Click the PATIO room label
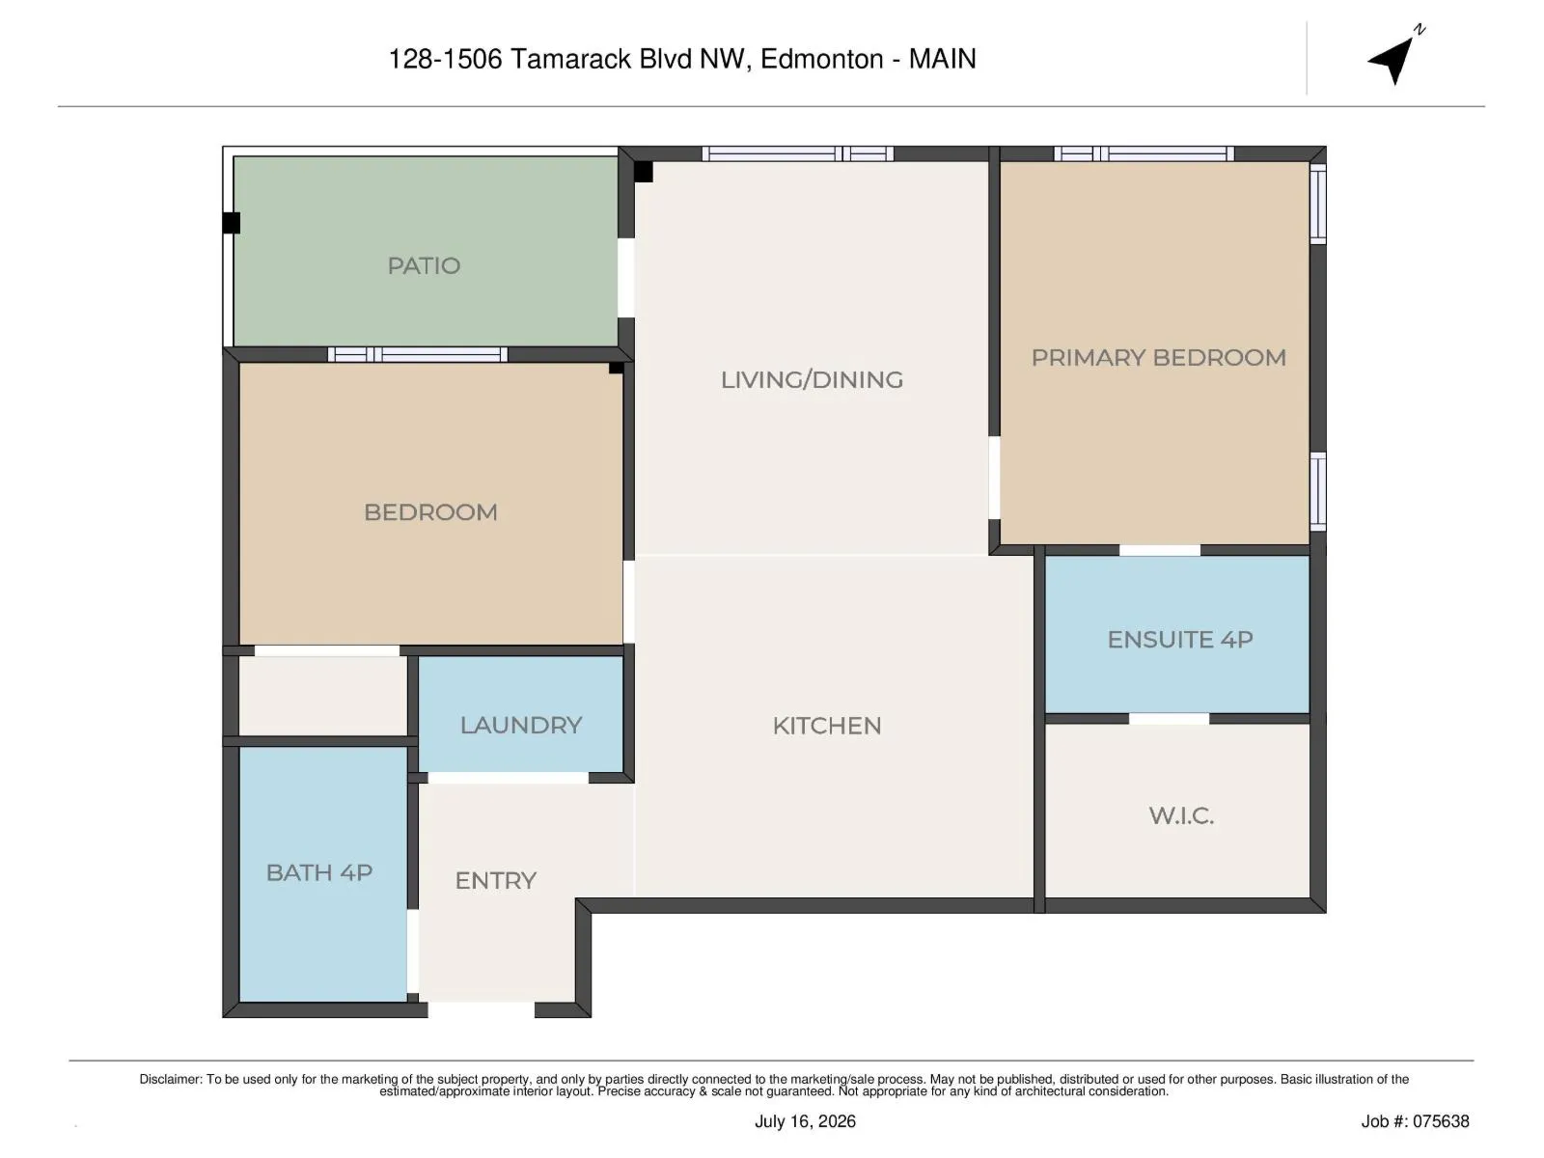[424, 265]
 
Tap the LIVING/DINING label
[812, 379]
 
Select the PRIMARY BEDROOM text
[1159, 358]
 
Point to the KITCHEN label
[826, 726]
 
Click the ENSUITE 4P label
[1179, 639]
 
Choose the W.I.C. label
[1181, 815]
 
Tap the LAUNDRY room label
[520, 725]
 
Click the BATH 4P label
[318, 872]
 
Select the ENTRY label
[495, 880]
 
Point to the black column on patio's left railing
[232, 223]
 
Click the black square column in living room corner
[643, 173]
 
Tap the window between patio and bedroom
[417, 354]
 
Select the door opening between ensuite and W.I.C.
[1169, 719]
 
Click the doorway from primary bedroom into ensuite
[1159, 550]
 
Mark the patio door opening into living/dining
[625, 278]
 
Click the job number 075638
[1415, 1121]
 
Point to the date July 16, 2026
[805, 1121]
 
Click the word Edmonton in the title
[821, 59]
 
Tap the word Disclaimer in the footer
[170, 1079]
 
